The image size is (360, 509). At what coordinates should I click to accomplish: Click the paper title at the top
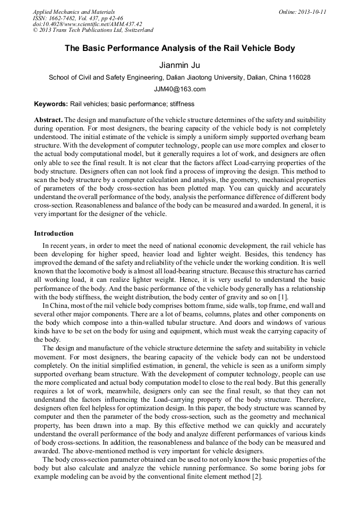coord(179,48)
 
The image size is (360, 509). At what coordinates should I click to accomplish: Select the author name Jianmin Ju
coord(179,65)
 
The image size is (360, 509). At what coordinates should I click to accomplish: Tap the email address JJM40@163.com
coord(179,89)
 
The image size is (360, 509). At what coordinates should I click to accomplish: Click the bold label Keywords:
coord(51,104)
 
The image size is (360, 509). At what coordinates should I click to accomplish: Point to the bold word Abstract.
coord(48,120)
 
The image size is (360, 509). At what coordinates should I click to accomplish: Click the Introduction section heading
coord(54,234)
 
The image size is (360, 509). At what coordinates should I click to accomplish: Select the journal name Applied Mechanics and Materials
coord(73,12)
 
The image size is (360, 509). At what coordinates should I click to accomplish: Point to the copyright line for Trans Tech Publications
coord(93,30)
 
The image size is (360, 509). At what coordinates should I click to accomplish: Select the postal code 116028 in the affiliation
coord(299,77)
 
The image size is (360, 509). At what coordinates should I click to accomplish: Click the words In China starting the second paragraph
coord(55,306)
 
